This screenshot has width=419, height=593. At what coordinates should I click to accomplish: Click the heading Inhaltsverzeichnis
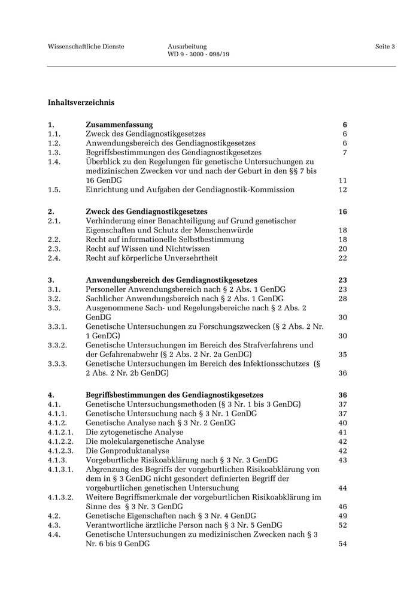point(81,102)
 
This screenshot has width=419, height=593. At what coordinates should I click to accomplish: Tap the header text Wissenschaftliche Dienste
point(86,46)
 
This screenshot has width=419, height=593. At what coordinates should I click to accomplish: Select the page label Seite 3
point(385,46)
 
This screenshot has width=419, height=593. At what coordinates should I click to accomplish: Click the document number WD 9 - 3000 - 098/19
point(199,55)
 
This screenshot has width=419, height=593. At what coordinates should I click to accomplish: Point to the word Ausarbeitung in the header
point(187,46)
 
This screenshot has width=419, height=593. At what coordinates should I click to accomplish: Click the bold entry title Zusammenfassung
point(119,125)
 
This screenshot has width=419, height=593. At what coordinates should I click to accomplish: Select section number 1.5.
point(54,189)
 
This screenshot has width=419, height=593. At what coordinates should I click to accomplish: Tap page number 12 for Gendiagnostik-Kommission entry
point(342,189)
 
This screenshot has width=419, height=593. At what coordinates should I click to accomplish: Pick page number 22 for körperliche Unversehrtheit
point(342,258)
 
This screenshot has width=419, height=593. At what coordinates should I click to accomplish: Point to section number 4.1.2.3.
point(60,450)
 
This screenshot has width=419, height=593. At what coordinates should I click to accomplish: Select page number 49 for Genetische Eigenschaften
point(342,516)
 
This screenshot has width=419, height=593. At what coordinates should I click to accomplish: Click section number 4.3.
point(54,525)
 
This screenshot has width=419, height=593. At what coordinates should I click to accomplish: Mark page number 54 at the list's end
point(342,544)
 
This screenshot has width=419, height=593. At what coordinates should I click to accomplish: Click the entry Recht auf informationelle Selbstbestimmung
point(165,239)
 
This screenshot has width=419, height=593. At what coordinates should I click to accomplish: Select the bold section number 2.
point(51,211)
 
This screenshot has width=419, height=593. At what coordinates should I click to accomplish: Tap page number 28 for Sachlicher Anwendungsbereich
point(342,298)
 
